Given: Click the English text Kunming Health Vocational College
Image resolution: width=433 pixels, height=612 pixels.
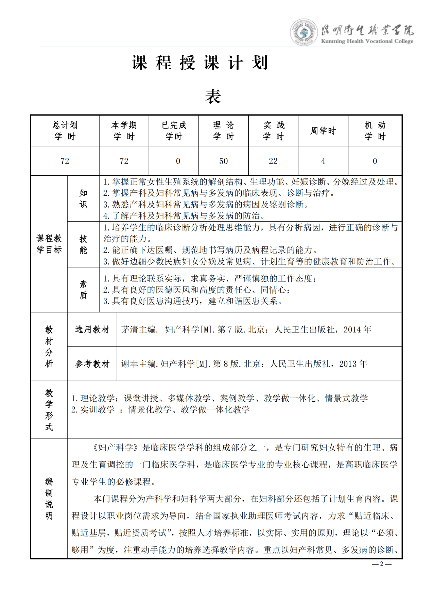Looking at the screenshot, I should click(367, 41).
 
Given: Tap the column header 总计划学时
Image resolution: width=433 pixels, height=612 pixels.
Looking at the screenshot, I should click(65, 131).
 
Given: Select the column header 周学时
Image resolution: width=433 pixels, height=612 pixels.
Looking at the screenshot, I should click(323, 131).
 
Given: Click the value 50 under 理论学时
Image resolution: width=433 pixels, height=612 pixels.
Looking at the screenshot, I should click(223, 161).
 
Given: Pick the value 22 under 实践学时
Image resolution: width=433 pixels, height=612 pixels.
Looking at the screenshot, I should click(273, 161).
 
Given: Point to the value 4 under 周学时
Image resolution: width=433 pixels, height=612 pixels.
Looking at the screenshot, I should click(323, 161).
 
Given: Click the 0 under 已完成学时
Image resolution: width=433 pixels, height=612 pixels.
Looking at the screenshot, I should click(178, 161).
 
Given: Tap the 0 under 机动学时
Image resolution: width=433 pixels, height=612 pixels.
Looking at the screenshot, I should click(375, 161).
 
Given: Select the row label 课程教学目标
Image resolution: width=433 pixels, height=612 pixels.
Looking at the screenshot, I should click(49, 244).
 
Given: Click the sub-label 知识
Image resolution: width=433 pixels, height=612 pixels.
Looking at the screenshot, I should click(83, 199).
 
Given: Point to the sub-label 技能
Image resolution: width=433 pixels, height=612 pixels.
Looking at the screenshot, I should click(83, 245).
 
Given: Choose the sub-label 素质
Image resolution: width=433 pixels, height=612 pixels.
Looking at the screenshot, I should click(83, 290).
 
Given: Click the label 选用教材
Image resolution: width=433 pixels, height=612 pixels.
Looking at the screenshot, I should click(92, 329).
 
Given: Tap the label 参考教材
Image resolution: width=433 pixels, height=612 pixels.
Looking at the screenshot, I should click(92, 364).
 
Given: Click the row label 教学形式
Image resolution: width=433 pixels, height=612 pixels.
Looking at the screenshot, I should click(49, 410).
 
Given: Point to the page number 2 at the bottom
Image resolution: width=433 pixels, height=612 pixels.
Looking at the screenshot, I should click(381, 564).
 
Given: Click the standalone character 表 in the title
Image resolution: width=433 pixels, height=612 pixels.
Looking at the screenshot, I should click(213, 97).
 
